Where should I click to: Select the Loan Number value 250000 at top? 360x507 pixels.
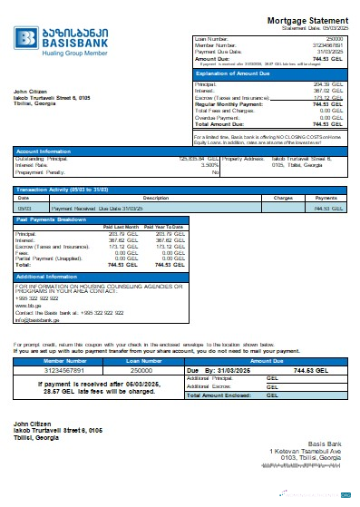335,40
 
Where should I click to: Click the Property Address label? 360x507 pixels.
221,160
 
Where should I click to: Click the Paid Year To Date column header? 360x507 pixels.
165,226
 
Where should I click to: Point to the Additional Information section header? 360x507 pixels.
46,276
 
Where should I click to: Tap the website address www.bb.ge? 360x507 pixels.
26,305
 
